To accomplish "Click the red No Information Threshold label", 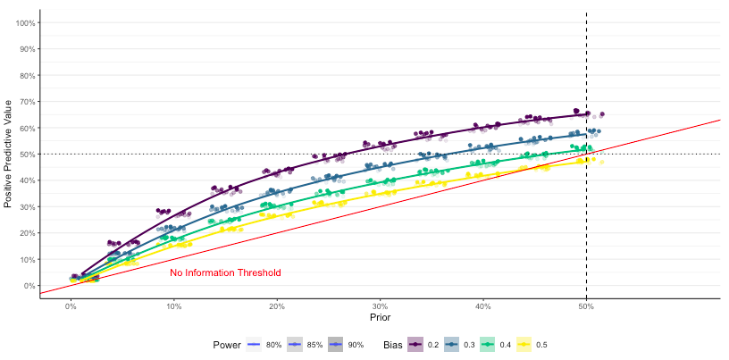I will (225, 272).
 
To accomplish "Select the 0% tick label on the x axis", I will (71, 306).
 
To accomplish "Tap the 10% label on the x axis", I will (174, 306).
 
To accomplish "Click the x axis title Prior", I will (380, 317).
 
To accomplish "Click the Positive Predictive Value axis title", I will (9, 154).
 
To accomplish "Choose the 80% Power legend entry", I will (264, 344).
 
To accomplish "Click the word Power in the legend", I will (227, 344).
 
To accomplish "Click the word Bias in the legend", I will (392, 344).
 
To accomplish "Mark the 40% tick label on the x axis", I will (483, 306).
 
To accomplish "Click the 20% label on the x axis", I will (277, 306).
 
